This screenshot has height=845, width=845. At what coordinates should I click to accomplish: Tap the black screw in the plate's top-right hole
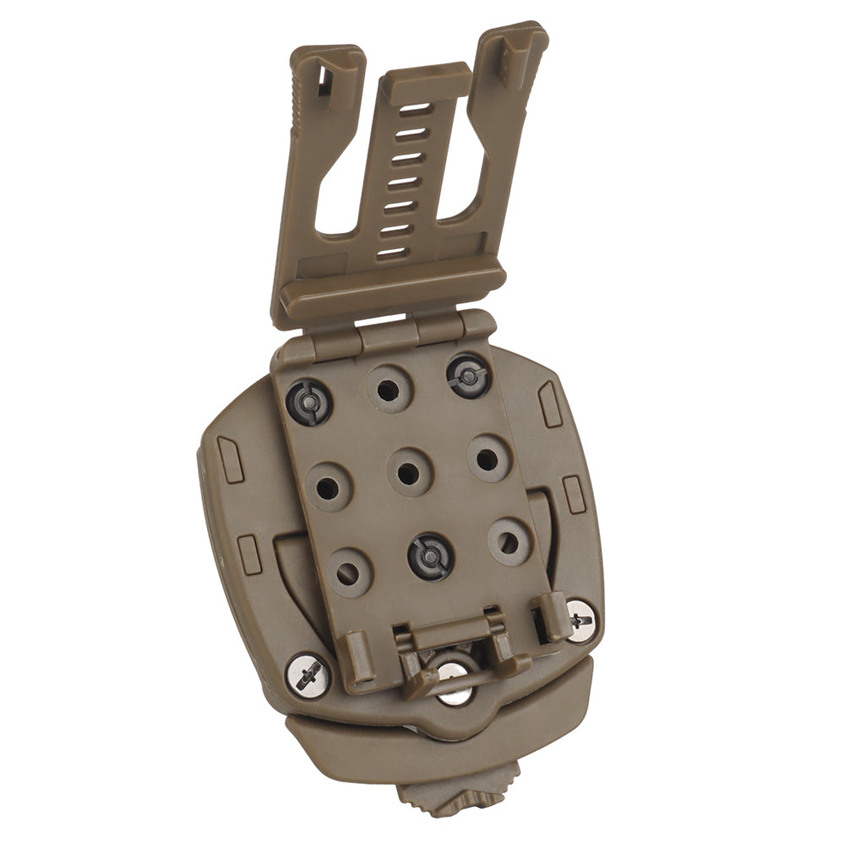[x=467, y=374]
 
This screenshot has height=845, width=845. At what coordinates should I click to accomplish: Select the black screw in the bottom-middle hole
[x=431, y=556]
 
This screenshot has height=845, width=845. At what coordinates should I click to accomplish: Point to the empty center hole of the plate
[x=408, y=473]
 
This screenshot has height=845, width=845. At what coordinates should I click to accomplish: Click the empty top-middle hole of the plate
[x=388, y=390]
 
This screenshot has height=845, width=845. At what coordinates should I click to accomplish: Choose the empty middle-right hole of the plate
[x=487, y=459]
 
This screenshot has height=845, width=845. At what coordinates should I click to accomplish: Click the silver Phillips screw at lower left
[x=308, y=674]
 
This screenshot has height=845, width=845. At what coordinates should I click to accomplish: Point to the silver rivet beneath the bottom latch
[x=454, y=684]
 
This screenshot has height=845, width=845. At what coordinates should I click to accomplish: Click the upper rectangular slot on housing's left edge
[x=231, y=448]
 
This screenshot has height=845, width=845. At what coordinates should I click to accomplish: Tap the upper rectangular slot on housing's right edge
[x=550, y=403]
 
